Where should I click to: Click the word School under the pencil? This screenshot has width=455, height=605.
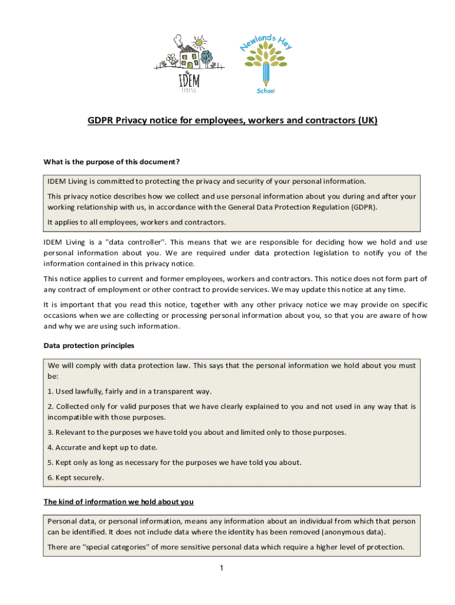[266, 90]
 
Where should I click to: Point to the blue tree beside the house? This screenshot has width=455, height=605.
[206, 57]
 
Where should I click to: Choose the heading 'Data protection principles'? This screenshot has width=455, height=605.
[89, 345]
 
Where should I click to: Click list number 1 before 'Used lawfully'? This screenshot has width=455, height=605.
[50, 391]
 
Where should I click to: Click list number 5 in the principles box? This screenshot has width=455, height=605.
[50, 462]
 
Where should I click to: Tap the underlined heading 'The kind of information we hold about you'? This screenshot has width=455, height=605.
[119, 502]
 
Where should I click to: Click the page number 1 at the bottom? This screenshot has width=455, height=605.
[220, 568]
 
